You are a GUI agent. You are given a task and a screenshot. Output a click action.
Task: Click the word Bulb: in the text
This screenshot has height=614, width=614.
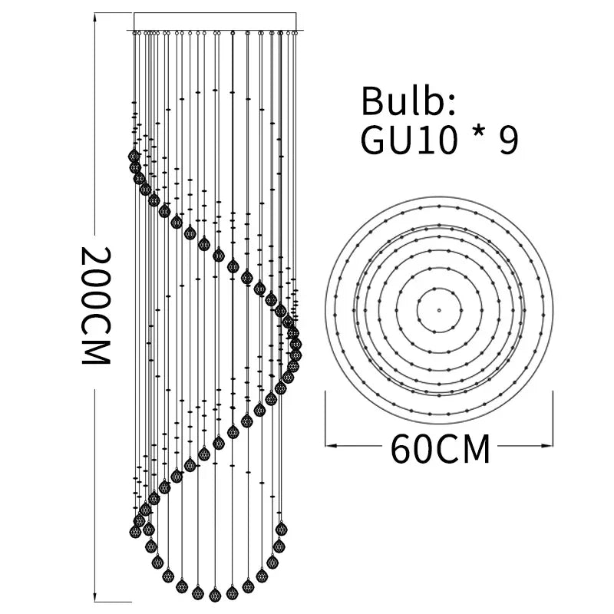click(409, 101)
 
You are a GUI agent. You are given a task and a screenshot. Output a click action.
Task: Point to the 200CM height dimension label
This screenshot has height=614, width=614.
click(96, 305)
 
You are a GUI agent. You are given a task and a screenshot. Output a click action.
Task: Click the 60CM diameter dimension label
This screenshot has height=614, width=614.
click(440, 449)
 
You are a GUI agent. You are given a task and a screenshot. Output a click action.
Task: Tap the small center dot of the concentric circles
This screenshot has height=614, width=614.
click(439, 310)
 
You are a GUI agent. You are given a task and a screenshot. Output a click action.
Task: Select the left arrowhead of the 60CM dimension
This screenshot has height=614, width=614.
click(332, 445)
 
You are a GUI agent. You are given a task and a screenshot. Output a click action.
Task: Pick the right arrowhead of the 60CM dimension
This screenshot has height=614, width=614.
click(546, 445)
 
